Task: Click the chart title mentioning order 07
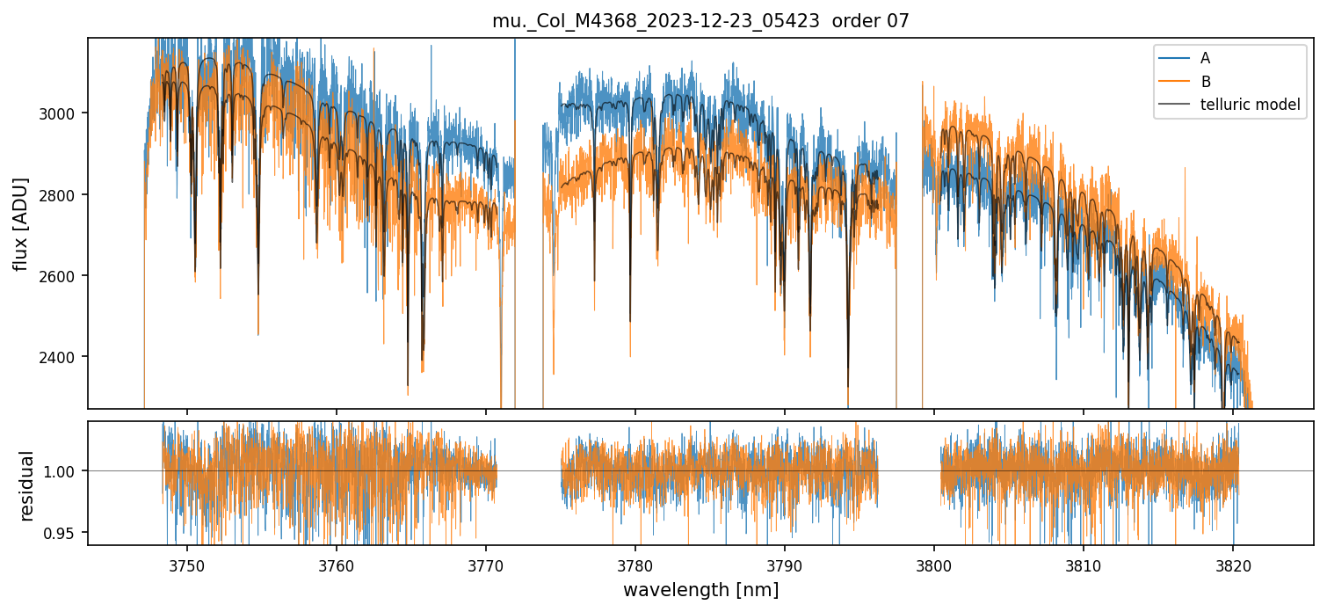(700, 21)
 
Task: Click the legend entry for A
(1205, 58)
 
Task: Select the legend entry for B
(1205, 82)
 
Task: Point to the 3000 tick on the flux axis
(64, 113)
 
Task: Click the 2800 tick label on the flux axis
(64, 194)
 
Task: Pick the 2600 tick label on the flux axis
(64, 276)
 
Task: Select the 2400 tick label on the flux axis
(64, 357)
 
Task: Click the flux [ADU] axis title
(20, 223)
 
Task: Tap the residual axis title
(26, 484)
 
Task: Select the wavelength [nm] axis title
(700, 590)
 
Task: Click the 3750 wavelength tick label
(187, 564)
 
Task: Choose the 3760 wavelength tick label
(337, 564)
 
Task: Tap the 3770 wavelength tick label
(486, 564)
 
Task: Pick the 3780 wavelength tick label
(635, 564)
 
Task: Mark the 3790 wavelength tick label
(785, 564)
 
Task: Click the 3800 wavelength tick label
(933, 564)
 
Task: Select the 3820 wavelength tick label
(1232, 564)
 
